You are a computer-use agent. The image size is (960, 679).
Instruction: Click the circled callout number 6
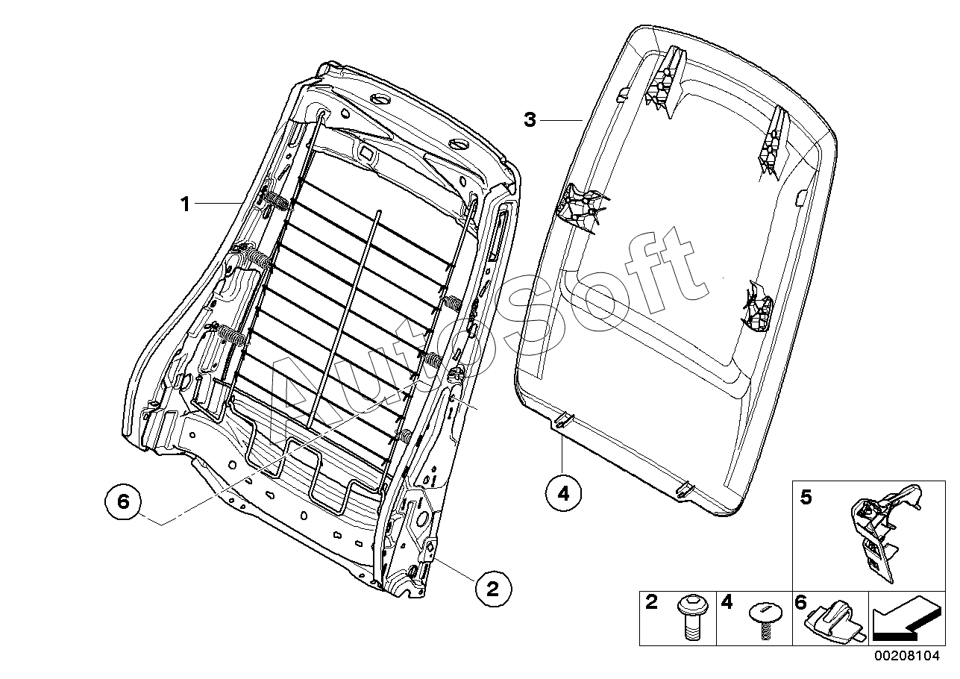[x=124, y=503]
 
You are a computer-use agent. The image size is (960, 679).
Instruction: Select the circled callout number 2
[x=492, y=589]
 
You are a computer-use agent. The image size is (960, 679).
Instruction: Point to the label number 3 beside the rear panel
[x=530, y=119]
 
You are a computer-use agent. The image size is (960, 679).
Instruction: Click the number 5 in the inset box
[x=806, y=498]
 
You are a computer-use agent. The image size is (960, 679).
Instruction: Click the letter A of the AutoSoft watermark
[x=298, y=388]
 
